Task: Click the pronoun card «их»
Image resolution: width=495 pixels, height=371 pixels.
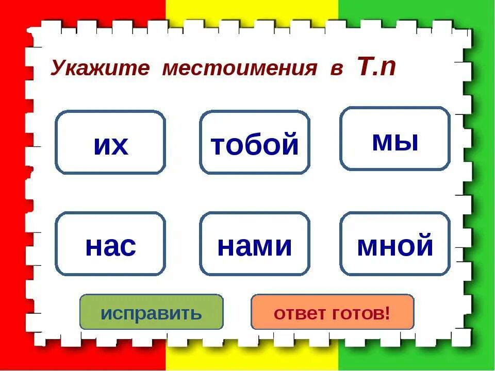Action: pos(110,143)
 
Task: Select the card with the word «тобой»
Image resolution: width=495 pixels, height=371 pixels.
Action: pos(255,143)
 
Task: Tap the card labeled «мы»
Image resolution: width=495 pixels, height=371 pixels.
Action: pos(395,139)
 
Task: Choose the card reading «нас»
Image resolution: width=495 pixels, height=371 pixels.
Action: pos(110,244)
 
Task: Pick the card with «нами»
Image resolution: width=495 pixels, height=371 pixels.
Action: pos(255,244)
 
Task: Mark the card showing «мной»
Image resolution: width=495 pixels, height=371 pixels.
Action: pos(395,244)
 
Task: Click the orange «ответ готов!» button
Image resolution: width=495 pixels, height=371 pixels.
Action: pos(332,312)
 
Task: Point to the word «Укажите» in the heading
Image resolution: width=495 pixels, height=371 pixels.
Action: pos(100,69)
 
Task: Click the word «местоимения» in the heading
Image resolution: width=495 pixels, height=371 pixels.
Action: pos(239,69)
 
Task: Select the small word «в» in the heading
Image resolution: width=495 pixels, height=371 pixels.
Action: pos(336,70)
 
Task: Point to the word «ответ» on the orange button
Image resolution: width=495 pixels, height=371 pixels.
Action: pos(298,313)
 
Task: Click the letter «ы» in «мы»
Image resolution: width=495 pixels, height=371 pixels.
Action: pos(406,142)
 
